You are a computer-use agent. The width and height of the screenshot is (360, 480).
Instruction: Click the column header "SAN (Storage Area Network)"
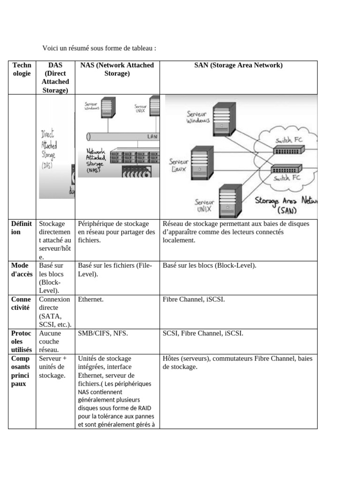point(238,66)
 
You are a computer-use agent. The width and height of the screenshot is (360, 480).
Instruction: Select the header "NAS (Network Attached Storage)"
point(117,69)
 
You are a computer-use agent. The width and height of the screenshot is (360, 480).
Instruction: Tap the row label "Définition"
point(21,228)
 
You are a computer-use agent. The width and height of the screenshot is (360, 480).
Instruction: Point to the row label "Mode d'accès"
point(21,270)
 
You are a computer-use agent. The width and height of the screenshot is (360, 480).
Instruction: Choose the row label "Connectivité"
point(21,303)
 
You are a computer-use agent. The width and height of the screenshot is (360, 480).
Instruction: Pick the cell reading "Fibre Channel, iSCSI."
point(194,300)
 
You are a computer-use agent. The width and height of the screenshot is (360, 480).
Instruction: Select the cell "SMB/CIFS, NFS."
point(103,333)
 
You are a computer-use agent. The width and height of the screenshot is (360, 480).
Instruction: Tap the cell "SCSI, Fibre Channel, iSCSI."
point(202,333)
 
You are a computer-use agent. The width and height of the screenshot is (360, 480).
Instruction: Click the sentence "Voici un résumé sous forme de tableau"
point(99,48)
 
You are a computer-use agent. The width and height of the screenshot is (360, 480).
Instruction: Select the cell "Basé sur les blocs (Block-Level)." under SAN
point(210,266)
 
